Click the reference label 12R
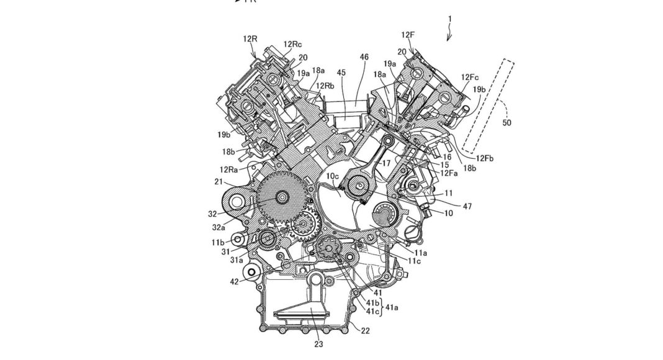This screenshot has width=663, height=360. click(x=250, y=39)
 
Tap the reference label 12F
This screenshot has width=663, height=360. click(x=408, y=35)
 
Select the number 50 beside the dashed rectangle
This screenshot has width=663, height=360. click(x=507, y=122)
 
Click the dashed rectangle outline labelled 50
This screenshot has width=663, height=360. click(x=489, y=106)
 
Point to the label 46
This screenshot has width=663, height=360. click(x=364, y=57)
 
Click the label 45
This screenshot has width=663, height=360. click(x=341, y=73)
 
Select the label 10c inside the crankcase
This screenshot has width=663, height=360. click(x=332, y=176)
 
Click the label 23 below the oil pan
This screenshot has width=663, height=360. click(x=318, y=344)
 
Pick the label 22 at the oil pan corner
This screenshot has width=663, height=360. click(x=365, y=331)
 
